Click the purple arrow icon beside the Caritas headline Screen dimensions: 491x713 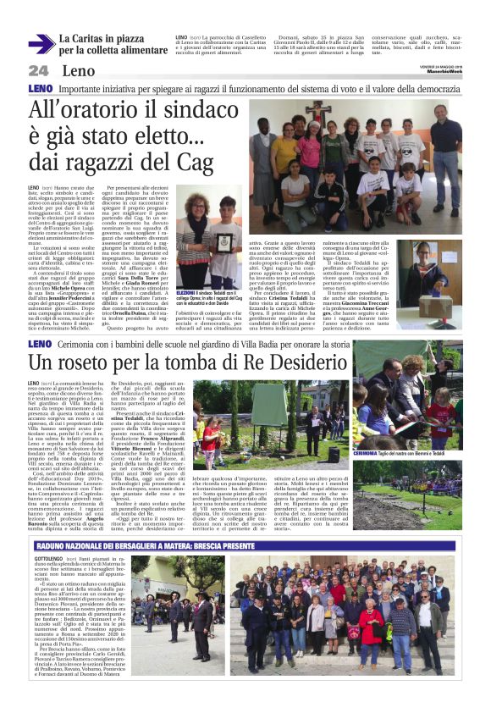(x=41, y=44)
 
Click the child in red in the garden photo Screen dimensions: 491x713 (x=208, y=439)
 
